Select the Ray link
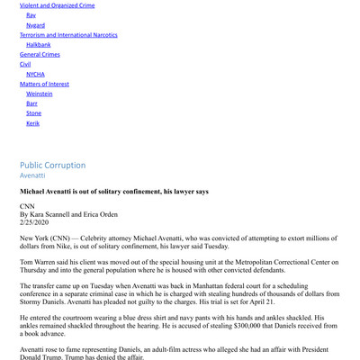31,15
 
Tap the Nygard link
36,26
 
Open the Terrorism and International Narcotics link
67,36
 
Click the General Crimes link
40,55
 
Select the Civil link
24,65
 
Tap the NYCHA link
36,75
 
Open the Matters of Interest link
45,85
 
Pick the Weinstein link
40,94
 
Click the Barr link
32,104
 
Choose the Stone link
33,113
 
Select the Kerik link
33,123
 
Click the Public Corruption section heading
53,166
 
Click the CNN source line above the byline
27,207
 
